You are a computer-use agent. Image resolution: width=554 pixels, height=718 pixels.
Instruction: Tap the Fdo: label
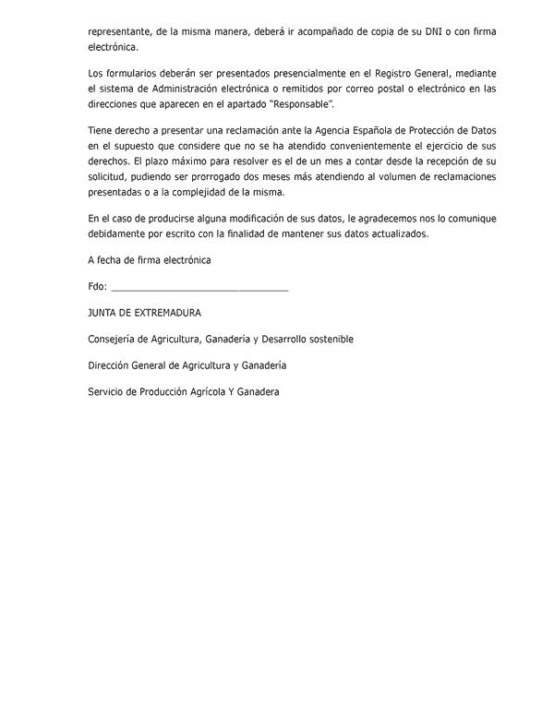[98, 287]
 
